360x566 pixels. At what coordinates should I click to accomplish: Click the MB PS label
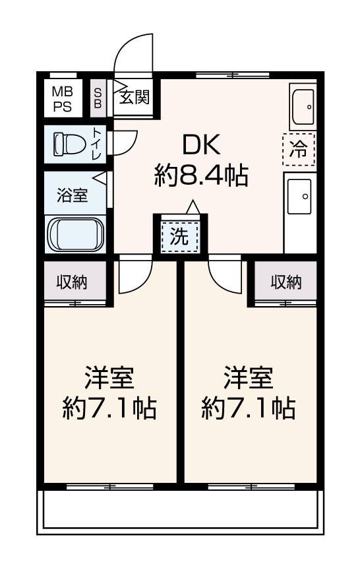click(63, 99)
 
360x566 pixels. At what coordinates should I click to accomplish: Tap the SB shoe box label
click(98, 98)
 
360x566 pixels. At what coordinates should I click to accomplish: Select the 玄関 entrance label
click(135, 97)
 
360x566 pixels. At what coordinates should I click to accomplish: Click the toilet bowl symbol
click(69, 144)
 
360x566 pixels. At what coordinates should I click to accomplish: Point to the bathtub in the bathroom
click(76, 234)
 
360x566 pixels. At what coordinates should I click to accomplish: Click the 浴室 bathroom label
click(72, 195)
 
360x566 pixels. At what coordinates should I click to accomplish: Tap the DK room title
click(201, 145)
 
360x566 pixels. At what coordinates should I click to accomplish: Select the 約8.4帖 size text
click(201, 175)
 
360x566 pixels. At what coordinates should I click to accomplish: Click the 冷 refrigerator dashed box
click(299, 149)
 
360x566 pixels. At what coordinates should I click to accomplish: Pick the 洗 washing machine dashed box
click(179, 237)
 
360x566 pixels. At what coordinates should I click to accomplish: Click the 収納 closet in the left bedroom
click(72, 282)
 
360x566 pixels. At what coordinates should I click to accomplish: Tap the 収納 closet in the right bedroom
click(286, 282)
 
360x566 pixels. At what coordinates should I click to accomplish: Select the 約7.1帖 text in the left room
click(109, 408)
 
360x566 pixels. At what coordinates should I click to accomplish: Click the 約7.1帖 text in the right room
click(249, 408)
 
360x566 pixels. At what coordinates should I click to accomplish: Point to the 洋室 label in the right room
click(249, 377)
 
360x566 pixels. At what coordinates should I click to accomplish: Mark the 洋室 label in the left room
click(109, 377)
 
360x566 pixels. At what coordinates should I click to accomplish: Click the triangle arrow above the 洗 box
click(193, 207)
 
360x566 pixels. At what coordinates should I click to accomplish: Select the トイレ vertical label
click(98, 144)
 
